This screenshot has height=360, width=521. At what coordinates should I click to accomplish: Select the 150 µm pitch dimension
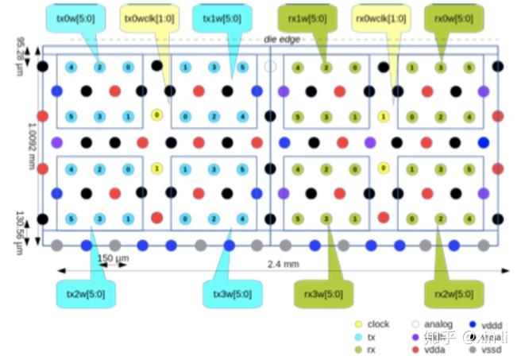[x=113, y=259]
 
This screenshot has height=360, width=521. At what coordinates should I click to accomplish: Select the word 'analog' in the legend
[x=438, y=324]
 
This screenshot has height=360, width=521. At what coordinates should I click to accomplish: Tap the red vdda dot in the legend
[x=415, y=350]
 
